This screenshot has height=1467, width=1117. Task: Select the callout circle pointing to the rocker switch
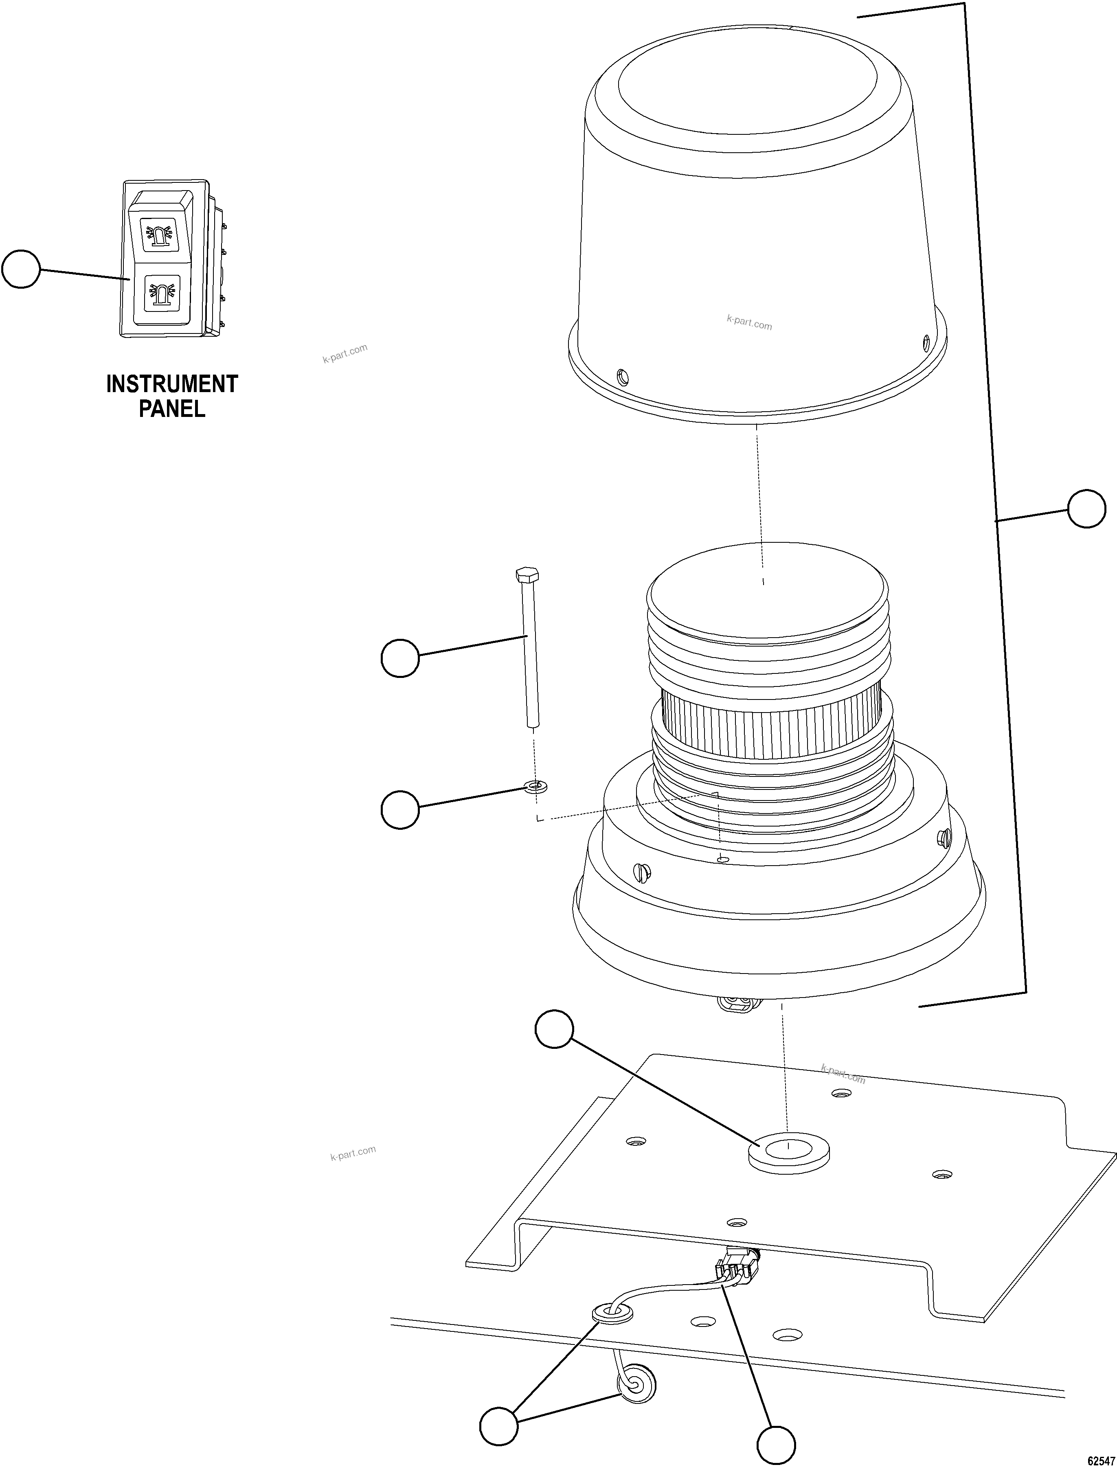[x=21, y=269]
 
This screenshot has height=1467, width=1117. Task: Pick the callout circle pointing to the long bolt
[x=399, y=658]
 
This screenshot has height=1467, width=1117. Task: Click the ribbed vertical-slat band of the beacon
[x=771, y=728]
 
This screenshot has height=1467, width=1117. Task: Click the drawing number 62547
[x=1100, y=1458]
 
